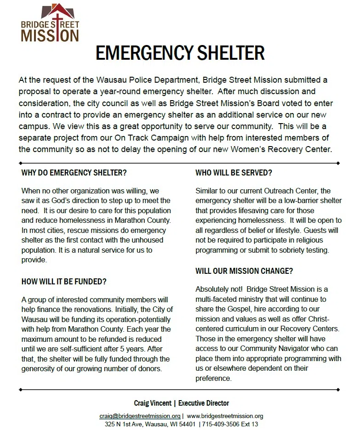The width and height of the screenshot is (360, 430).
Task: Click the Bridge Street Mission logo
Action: coord(50,23)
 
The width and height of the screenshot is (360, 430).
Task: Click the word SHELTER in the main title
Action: coord(223,53)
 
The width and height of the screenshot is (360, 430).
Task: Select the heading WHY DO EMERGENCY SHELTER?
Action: coord(74,173)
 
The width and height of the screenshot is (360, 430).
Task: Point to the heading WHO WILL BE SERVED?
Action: coord(234,173)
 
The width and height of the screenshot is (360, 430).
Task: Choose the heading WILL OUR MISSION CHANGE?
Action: coord(244,271)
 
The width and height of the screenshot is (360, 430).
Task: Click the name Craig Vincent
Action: coord(151,403)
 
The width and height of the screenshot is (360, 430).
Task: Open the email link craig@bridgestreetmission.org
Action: coord(140,416)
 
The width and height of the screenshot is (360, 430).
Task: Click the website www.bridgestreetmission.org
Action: coord(225,416)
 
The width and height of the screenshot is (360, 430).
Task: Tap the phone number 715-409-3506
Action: coord(221,424)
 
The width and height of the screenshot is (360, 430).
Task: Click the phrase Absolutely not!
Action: coord(218,289)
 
